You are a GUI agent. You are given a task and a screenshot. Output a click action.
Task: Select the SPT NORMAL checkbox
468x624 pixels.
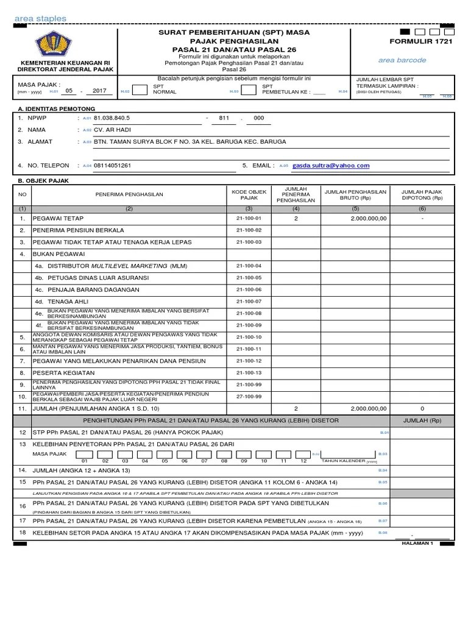140,90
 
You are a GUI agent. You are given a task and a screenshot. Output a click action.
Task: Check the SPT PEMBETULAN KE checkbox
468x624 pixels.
248,90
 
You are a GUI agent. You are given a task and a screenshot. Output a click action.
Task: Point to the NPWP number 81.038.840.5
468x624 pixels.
112,118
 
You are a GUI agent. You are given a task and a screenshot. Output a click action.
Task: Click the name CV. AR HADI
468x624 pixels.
112,130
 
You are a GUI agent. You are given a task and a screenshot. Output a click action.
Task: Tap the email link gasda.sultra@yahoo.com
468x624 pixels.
331,165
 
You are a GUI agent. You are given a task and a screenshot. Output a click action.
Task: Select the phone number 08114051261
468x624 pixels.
112,165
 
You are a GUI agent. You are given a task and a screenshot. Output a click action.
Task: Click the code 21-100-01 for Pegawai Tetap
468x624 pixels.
249,218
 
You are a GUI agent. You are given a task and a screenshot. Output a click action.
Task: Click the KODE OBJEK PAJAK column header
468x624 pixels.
249,194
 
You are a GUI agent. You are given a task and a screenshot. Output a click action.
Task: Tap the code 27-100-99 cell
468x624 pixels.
249,396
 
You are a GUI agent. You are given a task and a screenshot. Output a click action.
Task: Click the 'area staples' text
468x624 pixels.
40,19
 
